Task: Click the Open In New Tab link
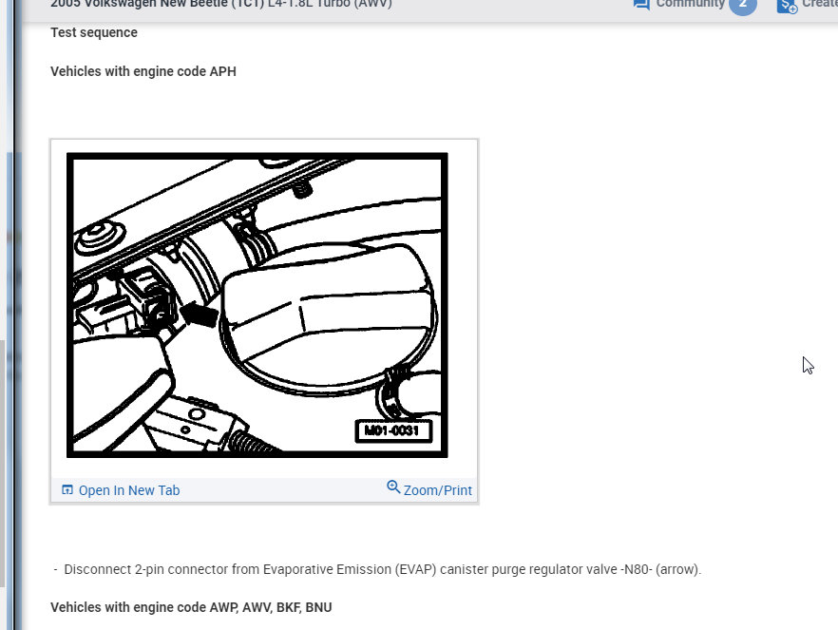point(128,490)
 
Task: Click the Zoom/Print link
point(437,490)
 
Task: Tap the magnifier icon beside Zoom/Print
point(393,487)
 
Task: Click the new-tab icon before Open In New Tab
point(67,490)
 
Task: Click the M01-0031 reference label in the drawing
point(393,431)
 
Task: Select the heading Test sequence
point(94,32)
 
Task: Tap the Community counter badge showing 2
point(742,5)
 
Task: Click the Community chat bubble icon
point(641,5)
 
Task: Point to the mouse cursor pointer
point(807,365)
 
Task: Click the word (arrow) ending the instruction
point(680,569)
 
